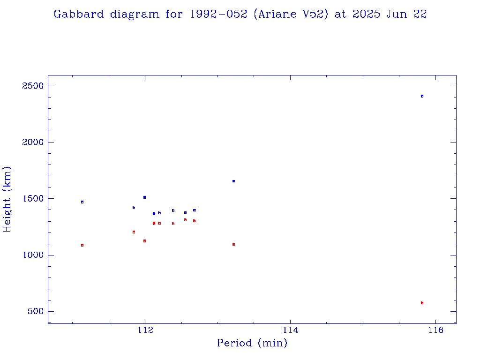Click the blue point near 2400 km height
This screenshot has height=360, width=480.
click(x=422, y=96)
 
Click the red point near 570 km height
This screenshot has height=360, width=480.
click(x=422, y=303)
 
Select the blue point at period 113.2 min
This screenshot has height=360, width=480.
click(x=233, y=181)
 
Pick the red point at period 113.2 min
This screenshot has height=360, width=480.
click(x=233, y=244)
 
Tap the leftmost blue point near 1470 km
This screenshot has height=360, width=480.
click(x=82, y=202)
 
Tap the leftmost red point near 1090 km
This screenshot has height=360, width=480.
click(x=82, y=245)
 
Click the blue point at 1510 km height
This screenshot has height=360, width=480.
click(x=144, y=197)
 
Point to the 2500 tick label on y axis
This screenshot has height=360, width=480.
click(x=32, y=86)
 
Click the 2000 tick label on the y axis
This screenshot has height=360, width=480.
click(x=32, y=142)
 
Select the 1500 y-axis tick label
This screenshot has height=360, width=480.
click(x=32, y=199)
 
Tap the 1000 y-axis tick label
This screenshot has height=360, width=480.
click(x=32, y=255)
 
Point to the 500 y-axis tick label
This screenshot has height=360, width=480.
click(x=35, y=311)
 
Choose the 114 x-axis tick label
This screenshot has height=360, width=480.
click(x=291, y=330)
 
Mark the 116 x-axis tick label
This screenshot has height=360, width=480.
click(x=436, y=330)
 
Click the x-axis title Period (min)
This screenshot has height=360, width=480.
click(x=252, y=343)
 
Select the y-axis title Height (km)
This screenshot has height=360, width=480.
click(x=7, y=199)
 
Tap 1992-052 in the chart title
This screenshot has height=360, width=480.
click(x=218, y=14)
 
